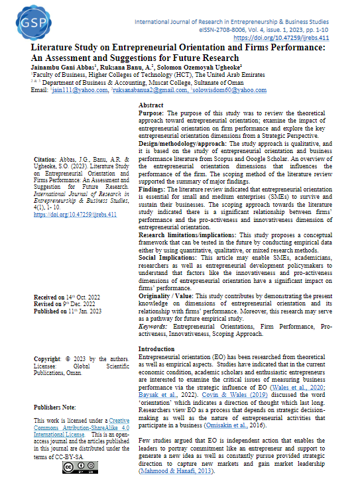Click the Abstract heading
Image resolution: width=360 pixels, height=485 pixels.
tap(152, 105)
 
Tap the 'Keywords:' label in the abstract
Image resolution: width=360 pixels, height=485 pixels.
tap(154, 326)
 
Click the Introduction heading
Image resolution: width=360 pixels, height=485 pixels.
tap(156, 349)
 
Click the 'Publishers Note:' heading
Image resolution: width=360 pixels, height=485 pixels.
tap(55, 406)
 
